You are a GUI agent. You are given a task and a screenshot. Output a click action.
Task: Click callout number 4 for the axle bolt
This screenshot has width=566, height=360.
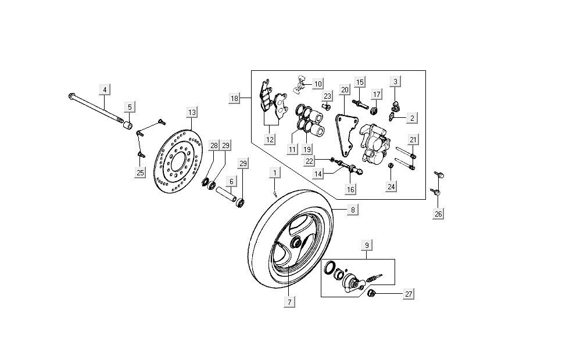[105, 89]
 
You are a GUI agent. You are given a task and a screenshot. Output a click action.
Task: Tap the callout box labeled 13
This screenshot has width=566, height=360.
[192, 112]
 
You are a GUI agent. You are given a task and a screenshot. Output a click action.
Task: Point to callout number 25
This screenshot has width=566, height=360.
[140, 172]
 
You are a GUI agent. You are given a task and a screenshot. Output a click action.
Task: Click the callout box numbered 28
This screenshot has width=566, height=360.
[214, 145]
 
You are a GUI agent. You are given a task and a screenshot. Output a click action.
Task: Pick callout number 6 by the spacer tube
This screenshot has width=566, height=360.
[231, 182]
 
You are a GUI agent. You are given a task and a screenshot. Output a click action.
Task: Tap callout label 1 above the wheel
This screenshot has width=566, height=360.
[274, 172]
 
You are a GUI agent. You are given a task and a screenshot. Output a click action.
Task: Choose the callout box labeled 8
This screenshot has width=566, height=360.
[352, 210]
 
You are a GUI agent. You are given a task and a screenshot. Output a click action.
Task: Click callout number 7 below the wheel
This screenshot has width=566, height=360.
[289, 301]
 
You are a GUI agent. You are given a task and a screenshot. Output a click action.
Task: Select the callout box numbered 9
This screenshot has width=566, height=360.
[366, 246]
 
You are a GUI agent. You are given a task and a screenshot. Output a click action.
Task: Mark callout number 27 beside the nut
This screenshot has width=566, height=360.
[409, 294]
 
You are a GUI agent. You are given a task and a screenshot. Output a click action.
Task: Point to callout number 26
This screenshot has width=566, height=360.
[438, 214]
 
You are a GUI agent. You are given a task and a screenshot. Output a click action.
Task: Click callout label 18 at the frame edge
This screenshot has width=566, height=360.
[234, 99]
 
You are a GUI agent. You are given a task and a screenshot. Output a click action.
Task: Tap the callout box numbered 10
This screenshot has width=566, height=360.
[317, 84]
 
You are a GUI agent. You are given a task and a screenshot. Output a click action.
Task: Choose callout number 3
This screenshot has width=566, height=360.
[395, 81]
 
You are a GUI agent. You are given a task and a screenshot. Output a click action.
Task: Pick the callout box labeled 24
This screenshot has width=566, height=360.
[391, 186]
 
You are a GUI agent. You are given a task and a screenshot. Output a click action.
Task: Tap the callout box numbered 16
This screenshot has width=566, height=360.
[350, 189]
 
